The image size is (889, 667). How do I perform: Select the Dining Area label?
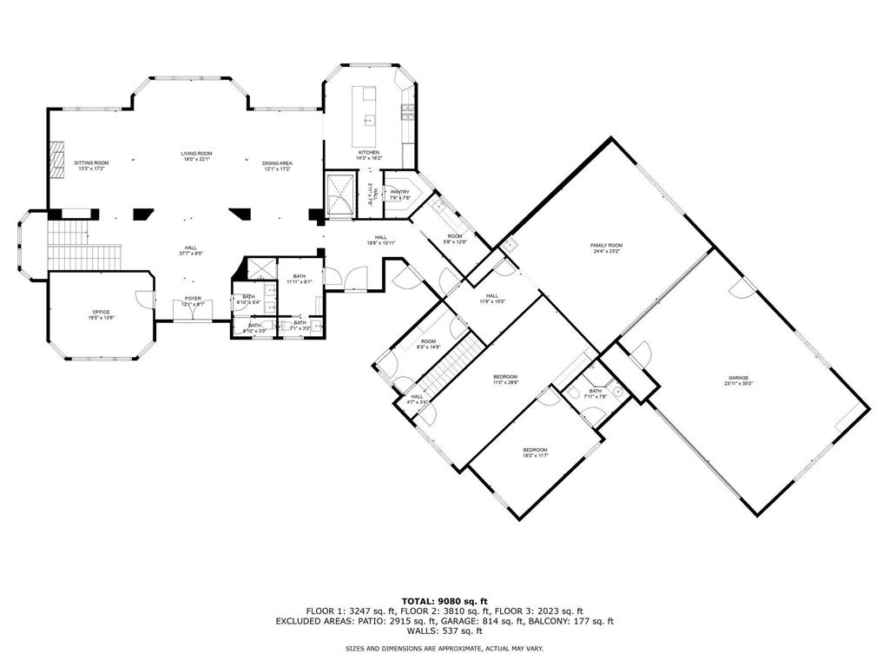[278, 165]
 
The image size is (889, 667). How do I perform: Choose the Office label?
[102, 314]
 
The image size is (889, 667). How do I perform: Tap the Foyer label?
[192, 300]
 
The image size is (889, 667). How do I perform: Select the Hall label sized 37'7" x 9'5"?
[192, 250]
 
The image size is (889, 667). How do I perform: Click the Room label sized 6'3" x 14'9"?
[428, 344]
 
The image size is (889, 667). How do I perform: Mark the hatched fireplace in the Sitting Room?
[56, 160]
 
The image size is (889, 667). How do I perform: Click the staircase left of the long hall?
[83, 247]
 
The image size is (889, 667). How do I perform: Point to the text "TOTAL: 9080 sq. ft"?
[444, 601]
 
